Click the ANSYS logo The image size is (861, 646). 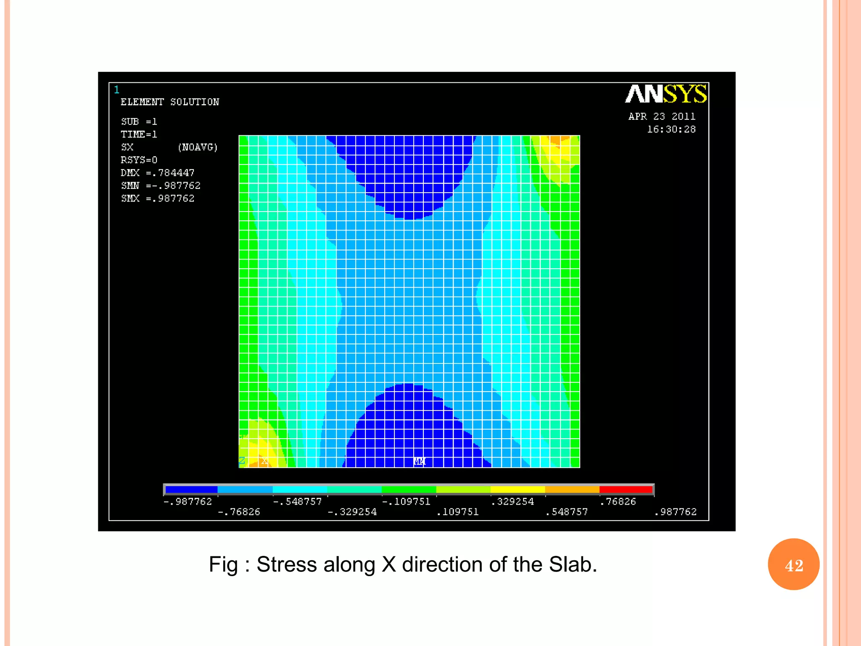[x=666, y=94]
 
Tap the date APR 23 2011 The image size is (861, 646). [x=662, y=116]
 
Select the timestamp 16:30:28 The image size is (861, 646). [x=671, y=130]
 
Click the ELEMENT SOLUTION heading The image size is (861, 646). [x=170, y=102]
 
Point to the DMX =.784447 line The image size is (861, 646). [x=158, y=173]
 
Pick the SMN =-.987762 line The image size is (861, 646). [x=161, y=185]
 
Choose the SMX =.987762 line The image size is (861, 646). [x=158, y=199]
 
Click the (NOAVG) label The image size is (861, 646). [x=198, y=147]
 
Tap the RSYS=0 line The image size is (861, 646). [x=139, y=160]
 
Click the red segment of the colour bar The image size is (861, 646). [x=626, y=490]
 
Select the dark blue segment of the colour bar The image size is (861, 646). [x=191, y=490]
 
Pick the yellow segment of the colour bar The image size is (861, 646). [x=518, y=490]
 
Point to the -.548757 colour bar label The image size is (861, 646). [x=297, y=502]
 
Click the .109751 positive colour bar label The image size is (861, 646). [x=458, y=512]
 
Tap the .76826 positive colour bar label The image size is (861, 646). [x=618, y=502]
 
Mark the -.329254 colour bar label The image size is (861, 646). [x=352, y=512]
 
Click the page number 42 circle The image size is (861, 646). [x=794, y=565]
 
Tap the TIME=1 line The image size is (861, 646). [x=139, y=135]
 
